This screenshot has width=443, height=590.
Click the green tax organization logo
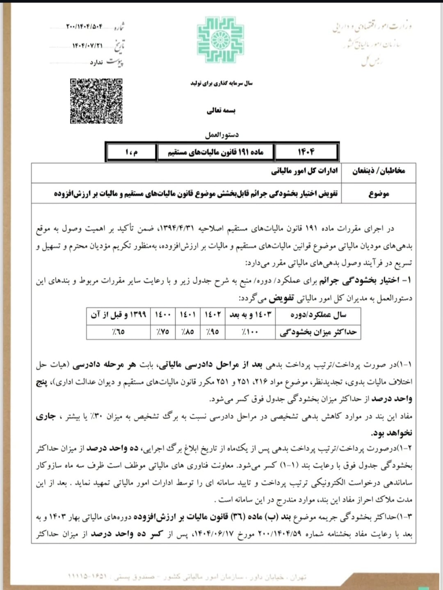click(x=221, y=40)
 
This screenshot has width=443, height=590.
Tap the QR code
click(x=96, y=101)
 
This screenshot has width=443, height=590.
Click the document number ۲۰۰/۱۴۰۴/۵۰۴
click(x=84, y=27)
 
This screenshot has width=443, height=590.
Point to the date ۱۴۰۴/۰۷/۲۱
click(x=87, y=45)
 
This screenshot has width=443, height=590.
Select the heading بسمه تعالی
click(x=221, y=110)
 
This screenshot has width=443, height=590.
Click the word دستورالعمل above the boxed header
click(x=222, y=135)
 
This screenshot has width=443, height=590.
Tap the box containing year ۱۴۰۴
click(x=306, y=152)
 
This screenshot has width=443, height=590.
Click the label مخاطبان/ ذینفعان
click(x=378, y=171)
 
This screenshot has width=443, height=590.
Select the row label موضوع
click(x=378, y=193)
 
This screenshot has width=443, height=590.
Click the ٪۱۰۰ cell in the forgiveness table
click(x=250, y=331)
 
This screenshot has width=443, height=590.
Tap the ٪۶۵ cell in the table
click(x=119, y=331)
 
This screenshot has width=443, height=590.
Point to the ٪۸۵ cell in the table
click(x=187, y=331)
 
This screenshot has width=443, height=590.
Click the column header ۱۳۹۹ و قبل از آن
click(x=119, y=315)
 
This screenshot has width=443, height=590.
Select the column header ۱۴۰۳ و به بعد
click(x=250, y=315)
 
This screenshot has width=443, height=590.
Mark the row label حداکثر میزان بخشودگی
click(x=318, y=332)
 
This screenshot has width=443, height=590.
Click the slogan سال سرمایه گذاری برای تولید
click(x=221, y=83)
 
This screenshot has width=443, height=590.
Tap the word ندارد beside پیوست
click(x=96, y=63)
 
